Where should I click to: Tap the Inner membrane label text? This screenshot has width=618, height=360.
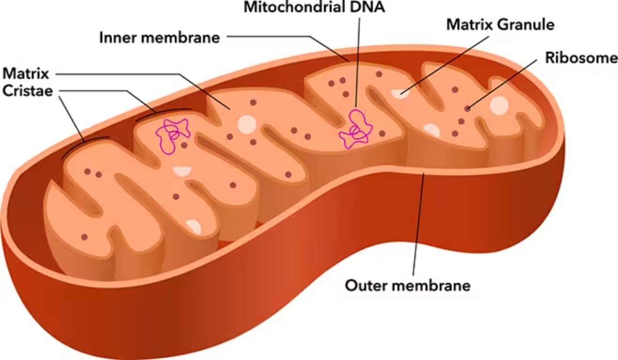click(159, 38)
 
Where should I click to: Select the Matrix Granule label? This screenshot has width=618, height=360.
click(500, 24)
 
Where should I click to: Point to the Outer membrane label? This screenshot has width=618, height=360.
click(408, 285)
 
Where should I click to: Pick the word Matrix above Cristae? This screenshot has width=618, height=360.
click(26, 73)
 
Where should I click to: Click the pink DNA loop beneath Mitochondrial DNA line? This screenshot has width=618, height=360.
click(356, 129)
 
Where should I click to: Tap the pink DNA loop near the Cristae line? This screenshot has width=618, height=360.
click(172, 134)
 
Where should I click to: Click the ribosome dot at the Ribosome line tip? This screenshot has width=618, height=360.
click(467, 109)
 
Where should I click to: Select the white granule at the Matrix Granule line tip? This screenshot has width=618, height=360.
click(400, 94)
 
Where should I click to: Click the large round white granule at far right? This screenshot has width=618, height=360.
click(498, 105)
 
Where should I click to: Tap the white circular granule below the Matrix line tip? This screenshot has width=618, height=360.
click(246, 125)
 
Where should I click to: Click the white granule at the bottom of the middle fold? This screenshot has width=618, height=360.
click(193, 226)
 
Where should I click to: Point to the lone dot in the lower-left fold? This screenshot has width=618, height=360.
click(84, 236)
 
